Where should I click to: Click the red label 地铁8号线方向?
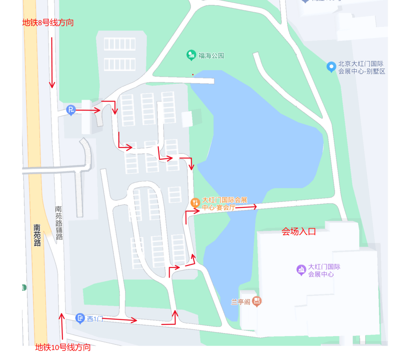[x=48, y=23]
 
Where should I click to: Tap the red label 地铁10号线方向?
[x=63, y=347]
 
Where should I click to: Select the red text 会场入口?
[x=299, y=232]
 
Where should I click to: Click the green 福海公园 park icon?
[x=191, y=56]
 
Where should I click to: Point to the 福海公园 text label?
[x=211, y=56]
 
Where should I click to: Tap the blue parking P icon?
[x=71, y=110]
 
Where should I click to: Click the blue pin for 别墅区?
[x=331, y=67]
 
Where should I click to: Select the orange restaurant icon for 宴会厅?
[x=195, y=203]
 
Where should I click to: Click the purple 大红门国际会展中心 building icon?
[x=301, y=270]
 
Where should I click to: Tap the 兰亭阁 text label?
[x=240, y=302]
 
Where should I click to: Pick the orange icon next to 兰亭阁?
[x=257, y=302]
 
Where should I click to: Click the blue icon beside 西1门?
[x=80, y=318]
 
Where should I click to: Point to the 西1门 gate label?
[x=95, y=319]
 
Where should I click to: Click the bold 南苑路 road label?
[x=37, y=235]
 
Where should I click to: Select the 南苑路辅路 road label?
[x=59, y=223]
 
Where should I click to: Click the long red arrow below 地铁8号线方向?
[x=52, y=63]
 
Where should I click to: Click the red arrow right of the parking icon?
[x=88, y=110]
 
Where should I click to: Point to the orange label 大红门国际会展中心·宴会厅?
[x=224, y=203]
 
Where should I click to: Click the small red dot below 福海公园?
[x=193, y=74]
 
